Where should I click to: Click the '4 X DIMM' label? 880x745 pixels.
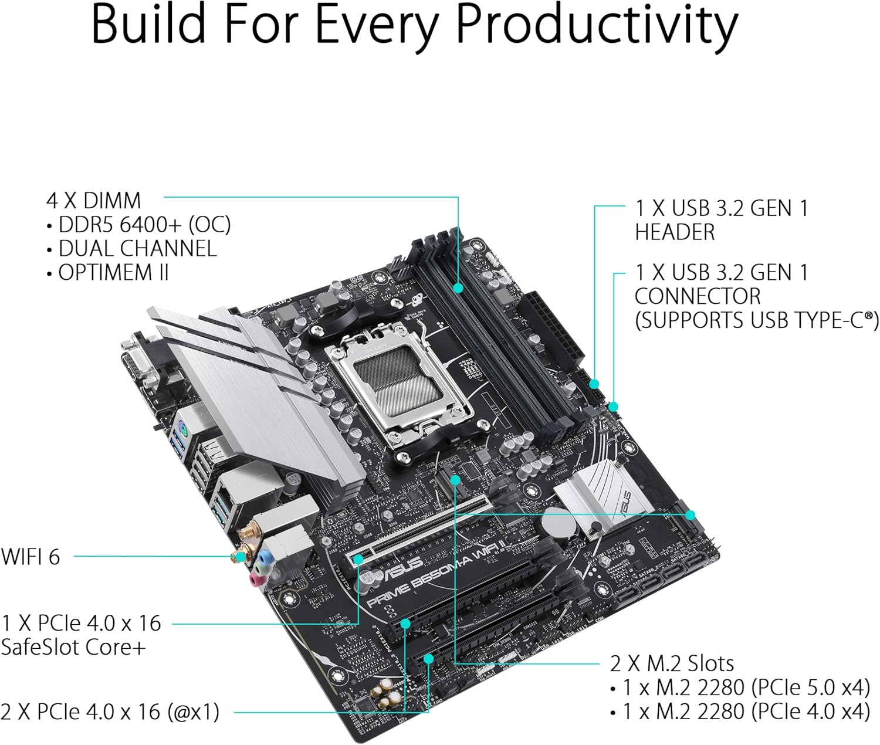(x=93, y=201)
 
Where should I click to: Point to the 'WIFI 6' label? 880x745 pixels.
(x=31, y=557)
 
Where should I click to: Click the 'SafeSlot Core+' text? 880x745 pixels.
(x=73, y=647)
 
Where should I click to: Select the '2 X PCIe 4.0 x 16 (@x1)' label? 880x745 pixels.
(x=110, y=712)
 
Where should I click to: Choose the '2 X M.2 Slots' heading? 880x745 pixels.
(x=672, y=663)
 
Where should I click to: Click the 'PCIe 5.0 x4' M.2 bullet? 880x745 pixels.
(x=745, y=687)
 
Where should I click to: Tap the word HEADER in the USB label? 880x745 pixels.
(x=675, y=232)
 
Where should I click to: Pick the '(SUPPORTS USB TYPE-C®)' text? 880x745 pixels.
(x=756, y=320)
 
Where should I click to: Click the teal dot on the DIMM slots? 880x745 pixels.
(x=458, y=288)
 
